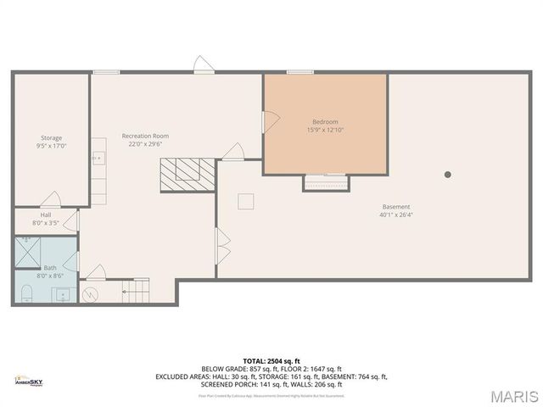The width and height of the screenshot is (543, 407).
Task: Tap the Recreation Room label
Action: (x=145, y=136)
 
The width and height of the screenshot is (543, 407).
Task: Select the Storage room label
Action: (x=52, y=138)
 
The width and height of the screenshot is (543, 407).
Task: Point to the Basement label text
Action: (x=396, y=207)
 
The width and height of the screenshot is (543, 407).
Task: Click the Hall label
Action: (x=46, y=215)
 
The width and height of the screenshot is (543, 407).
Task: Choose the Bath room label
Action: (x=50, y=268)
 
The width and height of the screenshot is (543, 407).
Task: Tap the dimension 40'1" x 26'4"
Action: (x=396, y=215)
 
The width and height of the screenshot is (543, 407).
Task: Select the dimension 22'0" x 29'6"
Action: (x=145, y=144)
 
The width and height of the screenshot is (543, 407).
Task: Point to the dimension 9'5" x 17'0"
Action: (x=52, y=146)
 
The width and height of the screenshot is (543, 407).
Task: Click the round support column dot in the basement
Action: (x=448, y=175)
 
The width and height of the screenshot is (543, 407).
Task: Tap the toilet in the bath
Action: (x=25, y=293)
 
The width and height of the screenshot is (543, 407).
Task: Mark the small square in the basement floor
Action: (x=246, y=201)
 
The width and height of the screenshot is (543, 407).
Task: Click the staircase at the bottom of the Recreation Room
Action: (x=136, y=291)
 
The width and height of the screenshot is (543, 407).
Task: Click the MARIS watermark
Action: (x=514, y=396)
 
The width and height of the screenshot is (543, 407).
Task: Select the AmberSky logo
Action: (x=28, y=382)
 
